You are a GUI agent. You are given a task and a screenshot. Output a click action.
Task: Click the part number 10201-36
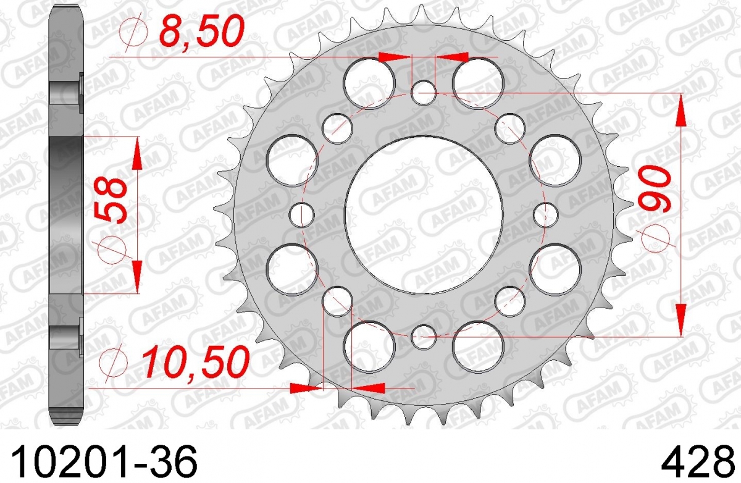tap(104, 461)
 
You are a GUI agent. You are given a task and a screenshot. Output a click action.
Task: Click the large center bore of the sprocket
tap(424, 215)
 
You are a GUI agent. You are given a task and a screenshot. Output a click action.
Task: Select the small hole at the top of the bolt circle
tap(424, 93)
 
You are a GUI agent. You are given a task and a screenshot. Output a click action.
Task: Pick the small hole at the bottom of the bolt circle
tap(424, 337)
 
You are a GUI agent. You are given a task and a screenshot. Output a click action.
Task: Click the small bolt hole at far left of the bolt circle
tap(301, 215)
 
